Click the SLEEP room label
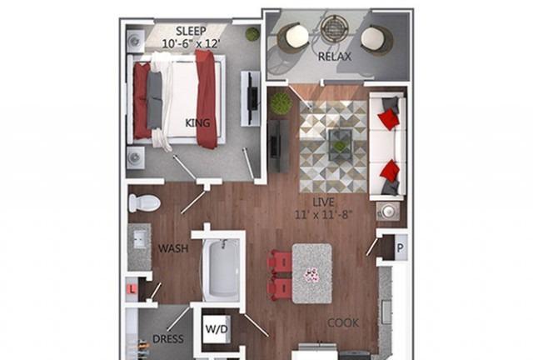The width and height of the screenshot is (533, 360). click(x=191, y=32)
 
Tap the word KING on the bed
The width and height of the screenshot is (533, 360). click(x=197, y=122)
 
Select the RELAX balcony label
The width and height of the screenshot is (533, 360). click(x=335, y=57)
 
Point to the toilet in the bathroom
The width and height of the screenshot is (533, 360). click(x=144, y=202)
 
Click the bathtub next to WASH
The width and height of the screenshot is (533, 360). click(x=223, y=268)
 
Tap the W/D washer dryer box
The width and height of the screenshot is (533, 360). click(x=217, y=329)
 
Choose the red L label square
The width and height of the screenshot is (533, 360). click(x=132, y=289)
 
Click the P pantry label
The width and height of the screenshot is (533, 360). click(x=400, y=247)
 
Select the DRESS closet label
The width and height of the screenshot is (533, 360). click(x=168, y=339)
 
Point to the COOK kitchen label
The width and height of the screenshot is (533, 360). click(x=343, y=322)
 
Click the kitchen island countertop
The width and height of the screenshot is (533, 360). click(x=312, y=273)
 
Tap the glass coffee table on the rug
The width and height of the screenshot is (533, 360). click(x=340, y=144)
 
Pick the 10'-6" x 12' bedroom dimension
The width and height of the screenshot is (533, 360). click(x=192, y=43)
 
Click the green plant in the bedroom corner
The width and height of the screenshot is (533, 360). click(x=252, y=34)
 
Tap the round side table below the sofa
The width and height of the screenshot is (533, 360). click(x=389, y=212)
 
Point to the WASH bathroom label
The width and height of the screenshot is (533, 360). click(x=173, y=248)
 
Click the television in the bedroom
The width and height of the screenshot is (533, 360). click(x=252, y=98)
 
